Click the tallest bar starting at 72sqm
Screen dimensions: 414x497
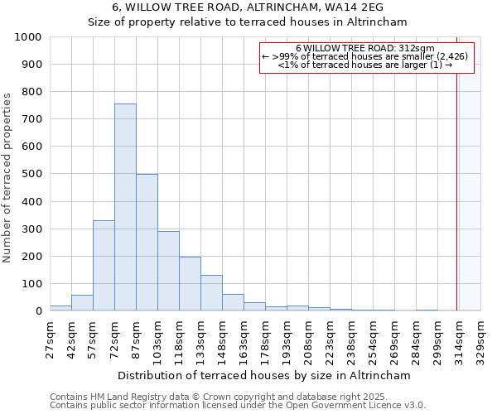click(125, 207)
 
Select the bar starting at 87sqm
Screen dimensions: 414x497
click(147, 243)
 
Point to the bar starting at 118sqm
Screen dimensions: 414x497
click(190, 284)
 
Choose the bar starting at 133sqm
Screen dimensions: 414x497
click(211, 293)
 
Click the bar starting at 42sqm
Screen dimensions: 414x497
click(82, 303)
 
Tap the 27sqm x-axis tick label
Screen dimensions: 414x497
click(49, 338)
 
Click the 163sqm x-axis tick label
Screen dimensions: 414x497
click(244, 338)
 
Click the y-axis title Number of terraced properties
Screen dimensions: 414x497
click(8, 178)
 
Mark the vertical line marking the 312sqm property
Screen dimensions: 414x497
click(456, 190)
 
